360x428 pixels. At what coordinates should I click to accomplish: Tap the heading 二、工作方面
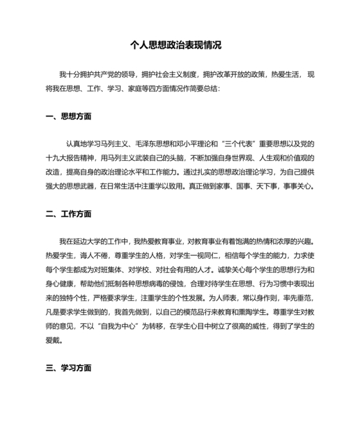(x=69, y=214)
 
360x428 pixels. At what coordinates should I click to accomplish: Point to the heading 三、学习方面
(x=69, y=368)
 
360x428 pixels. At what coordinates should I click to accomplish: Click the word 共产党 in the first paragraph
(x=102, y=74)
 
